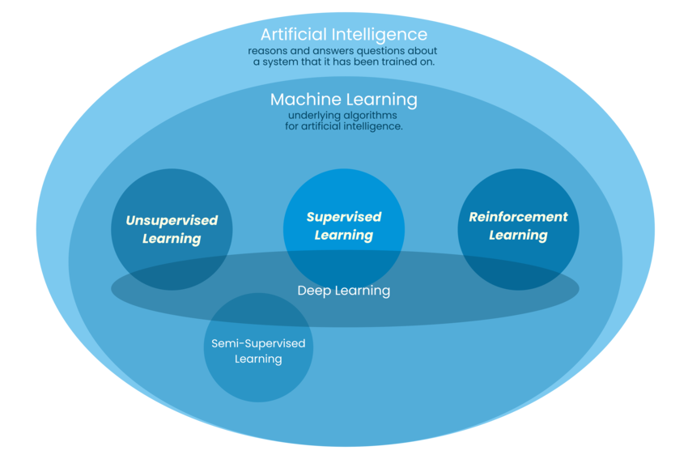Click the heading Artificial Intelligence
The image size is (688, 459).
coord(343,35)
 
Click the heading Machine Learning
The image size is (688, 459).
coord(343,100)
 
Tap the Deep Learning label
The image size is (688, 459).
coord(343,291)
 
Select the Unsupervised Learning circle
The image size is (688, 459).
coord(172,194)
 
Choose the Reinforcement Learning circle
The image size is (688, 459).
coord(518,194)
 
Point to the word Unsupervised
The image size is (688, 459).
coord(172,220)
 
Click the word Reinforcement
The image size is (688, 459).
coord(518,217)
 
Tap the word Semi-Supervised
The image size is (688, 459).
coord(258,343)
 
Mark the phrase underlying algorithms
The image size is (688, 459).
coord(343,116)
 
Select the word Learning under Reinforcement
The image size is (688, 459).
coord(518,236)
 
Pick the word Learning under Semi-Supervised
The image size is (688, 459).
coord(258,359)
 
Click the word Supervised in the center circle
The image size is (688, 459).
coord(343,217)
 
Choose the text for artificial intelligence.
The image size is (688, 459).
coord(343,126)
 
